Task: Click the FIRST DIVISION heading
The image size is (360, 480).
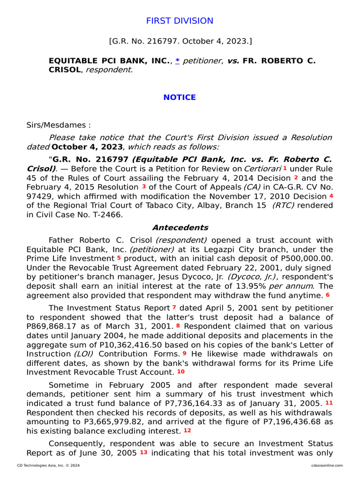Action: (x=180, y=21)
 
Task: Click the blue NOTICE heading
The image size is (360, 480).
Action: (x=180, y=97)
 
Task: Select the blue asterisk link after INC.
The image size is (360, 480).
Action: (x=178, y=61)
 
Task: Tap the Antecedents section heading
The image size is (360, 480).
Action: (x=180, y=228)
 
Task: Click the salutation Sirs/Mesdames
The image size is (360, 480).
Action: (x=59, y=125)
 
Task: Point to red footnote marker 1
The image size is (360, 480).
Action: (x=285, y=168)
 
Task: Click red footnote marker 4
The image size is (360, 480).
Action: (x=331, y=195)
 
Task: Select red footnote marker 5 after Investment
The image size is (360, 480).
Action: (x=119, y=258)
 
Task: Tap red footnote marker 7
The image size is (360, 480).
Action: (x=174, y=307)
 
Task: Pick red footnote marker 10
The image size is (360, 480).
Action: (x=181, y=371)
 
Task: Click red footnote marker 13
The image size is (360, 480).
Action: (x=143, y=452)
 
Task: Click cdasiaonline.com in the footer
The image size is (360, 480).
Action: (x=326, y=465)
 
